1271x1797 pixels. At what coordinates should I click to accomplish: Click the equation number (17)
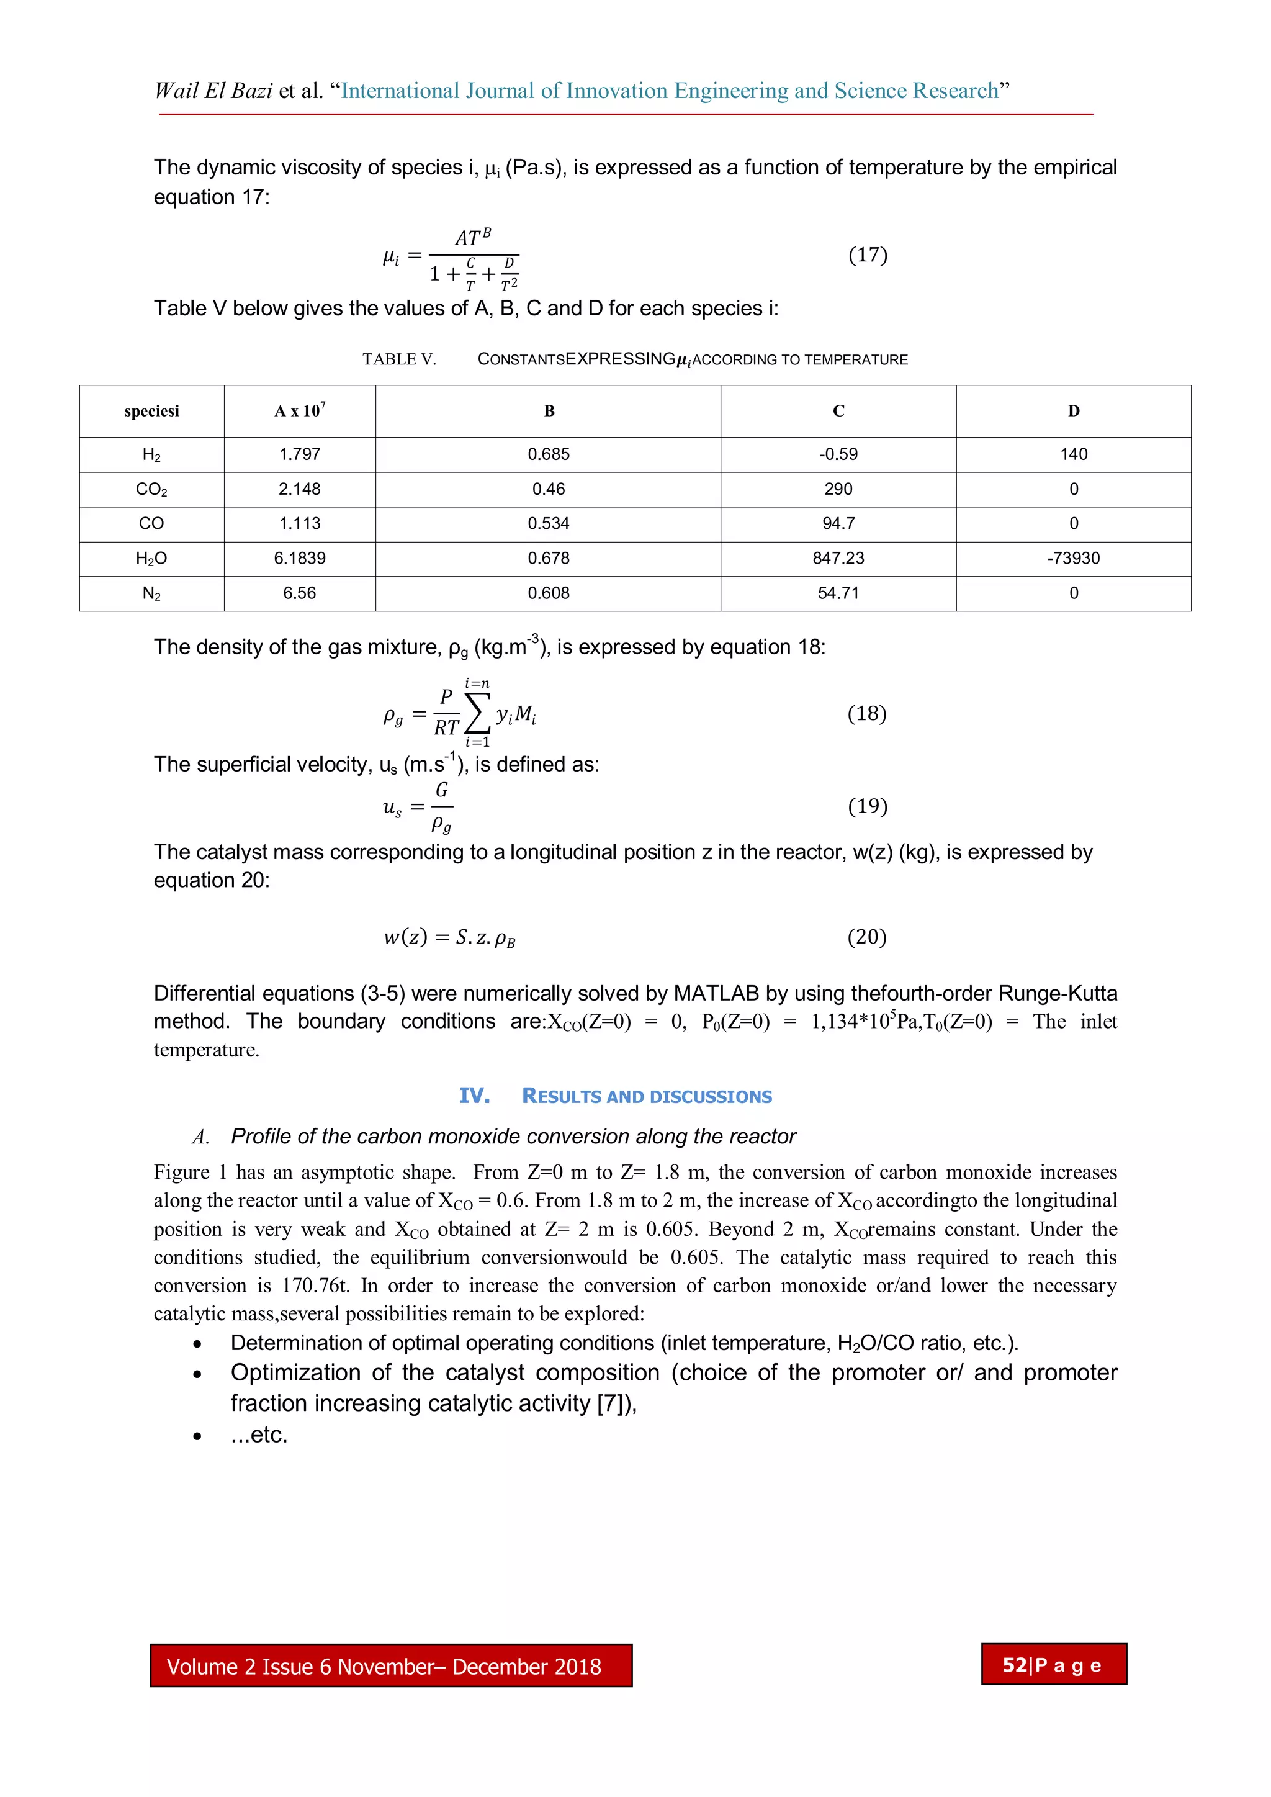tap(867, 255)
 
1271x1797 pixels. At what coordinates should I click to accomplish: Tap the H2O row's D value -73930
tap(1073, 558)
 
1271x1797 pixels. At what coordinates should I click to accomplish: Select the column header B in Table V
tap(549, 411)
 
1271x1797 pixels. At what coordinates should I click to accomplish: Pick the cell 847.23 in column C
tap(838, 558)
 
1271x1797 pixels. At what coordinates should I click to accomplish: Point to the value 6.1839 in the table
tap(299, 558)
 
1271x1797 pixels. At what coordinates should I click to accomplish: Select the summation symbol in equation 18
tap(477, 712)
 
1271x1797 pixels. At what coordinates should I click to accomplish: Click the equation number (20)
tap(866, 937)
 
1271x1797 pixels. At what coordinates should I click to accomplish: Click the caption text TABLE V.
tap(398, 359)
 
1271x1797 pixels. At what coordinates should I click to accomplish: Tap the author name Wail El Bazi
tap(213, 91)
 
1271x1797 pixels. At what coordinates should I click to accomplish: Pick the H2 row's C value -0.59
tap(838, 454)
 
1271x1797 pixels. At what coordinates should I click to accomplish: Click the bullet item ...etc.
tap(259, 1434)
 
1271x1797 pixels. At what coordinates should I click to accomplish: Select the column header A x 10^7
tap(300, 411)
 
